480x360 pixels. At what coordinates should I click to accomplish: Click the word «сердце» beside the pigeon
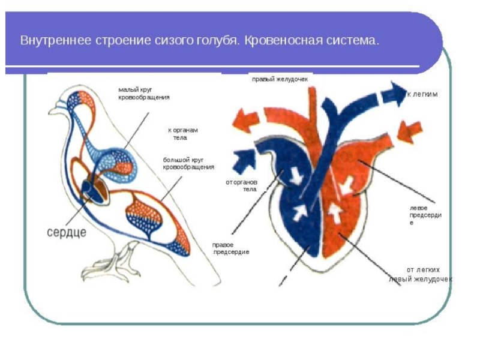tap(67, 232)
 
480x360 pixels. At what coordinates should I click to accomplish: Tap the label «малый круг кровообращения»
tap(144, 93)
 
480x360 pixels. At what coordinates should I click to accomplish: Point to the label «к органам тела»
tap(182, 133)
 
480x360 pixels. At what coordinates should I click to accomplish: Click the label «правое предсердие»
tap(230, 248)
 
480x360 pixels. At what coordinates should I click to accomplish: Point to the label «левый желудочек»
tap(420, 280)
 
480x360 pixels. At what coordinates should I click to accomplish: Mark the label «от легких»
tap(424, 270)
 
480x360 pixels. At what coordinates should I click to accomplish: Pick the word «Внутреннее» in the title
tap(54, 42)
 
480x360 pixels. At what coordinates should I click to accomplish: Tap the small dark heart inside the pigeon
tap(88, 187)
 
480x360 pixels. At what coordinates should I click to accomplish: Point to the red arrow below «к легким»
tap(410, 129)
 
